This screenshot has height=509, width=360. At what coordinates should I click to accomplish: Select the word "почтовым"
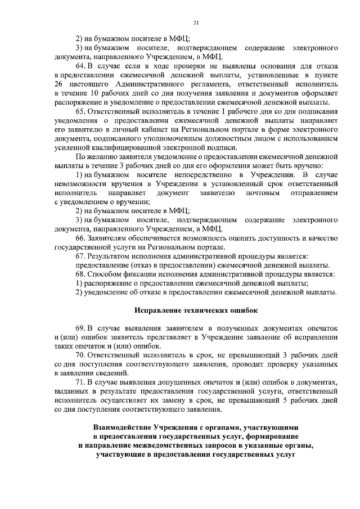point(259,192)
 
